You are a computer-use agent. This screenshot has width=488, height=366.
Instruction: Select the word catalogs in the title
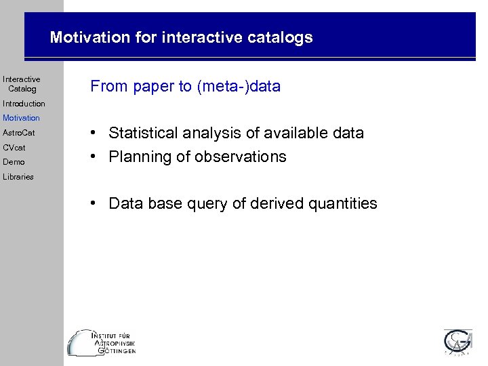tap(279, 37)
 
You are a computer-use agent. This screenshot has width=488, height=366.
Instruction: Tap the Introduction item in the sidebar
tap(24, 104)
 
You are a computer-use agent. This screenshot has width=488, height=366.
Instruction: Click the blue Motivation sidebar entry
tap(21, 118)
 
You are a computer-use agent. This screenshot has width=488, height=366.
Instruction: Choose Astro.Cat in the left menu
tap(18, 133)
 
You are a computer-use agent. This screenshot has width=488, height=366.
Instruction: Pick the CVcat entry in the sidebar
tap(14, 147)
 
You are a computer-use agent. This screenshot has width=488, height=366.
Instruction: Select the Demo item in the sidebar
tap(14, 162)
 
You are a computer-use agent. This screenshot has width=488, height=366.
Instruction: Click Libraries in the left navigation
tap(18, 177)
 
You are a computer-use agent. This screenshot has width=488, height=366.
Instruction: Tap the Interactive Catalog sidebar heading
tap(22, 84)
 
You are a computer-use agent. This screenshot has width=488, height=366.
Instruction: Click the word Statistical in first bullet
tap(141, 133)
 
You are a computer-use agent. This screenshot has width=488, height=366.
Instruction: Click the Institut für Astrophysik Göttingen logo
tap(102, 343)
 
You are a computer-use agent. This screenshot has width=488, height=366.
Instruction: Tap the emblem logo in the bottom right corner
tap(457, 342)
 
